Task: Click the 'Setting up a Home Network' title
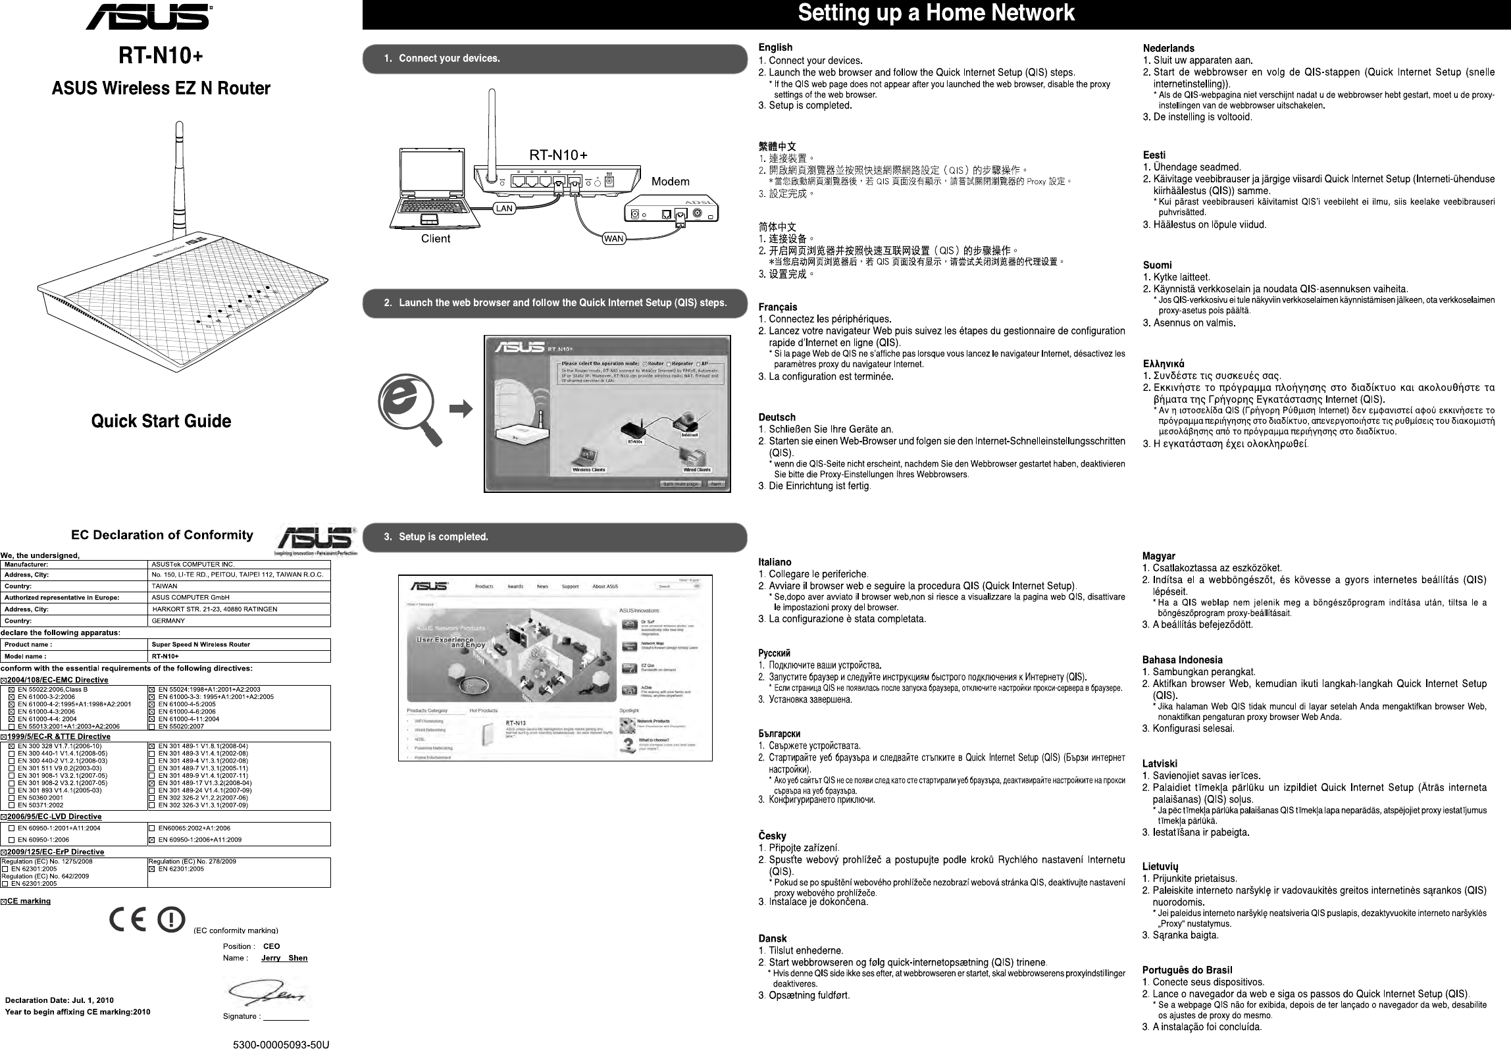pyautogui.click(x=936, y=13)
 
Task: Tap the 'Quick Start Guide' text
pyautogui.click(x=161, y=421)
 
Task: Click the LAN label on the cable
pyautogui.click(x=504, y=208)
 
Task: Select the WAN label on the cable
pyautogui.click(x=613, y=238)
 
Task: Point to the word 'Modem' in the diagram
pyautogui.click(x=671, y=182)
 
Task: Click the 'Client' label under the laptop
pyautogui.click(x=436, y=238)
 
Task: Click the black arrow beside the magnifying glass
pyautogui.click(x=461, y=409)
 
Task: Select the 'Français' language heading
pyautogui.click(x=778, y=307)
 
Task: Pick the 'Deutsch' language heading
pyautogui.click(x=777, y=417)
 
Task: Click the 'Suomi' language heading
pyautogui.click(x=1157, y=265)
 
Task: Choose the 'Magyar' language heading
pyautogui.click(x=1159, y=556)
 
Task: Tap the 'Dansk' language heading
pyautogui.click(x=773, y=938)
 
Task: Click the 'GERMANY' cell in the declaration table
pyautogui.click(x=168, y=621)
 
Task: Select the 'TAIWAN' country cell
pyautogui.click(x=165, y=586)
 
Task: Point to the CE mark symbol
pyautogui.click(x=128, y=919)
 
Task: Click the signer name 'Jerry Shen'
pyautogui.click(x=284, y=958)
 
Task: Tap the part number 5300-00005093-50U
pyautogui.click(x=281, y=1044)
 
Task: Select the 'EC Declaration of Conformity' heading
pyautogui.click(x=162, y=534)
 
